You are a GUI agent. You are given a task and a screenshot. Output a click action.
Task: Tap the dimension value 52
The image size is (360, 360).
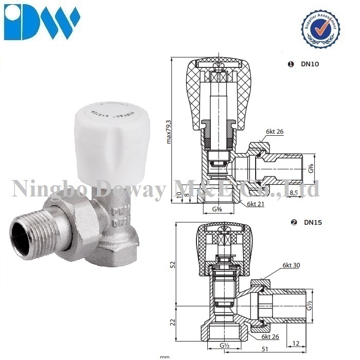coord(173,265)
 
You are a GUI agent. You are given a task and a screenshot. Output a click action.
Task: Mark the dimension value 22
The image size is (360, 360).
coord(173,322)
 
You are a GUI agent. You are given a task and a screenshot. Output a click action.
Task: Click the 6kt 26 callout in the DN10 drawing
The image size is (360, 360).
coord(275,132)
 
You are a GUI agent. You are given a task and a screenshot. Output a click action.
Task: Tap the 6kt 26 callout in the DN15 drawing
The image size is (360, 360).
coord(271,336)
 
